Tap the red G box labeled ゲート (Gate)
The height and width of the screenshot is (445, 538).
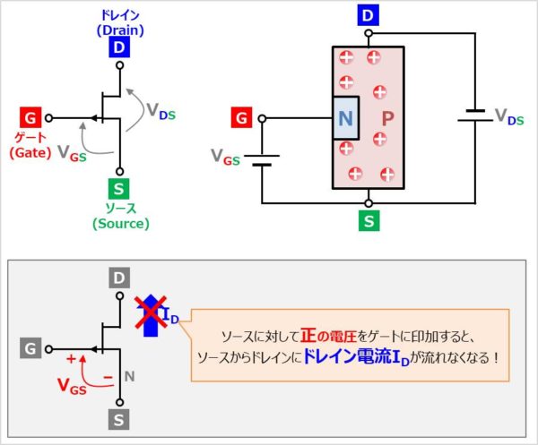30,118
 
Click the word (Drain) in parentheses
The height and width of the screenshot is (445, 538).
119,30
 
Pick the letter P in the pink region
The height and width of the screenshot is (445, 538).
387,118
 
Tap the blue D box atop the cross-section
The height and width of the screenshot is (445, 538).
368,14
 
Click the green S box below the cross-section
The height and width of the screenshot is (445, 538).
368,219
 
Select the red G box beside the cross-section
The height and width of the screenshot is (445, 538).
241,118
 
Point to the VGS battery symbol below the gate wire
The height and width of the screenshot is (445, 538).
261,159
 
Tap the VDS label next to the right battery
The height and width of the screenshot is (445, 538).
508,119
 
